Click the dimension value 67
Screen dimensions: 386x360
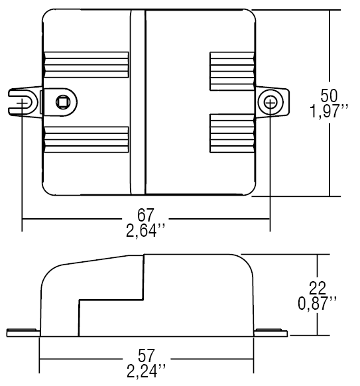pos(146,216)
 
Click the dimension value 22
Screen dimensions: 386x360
pos(319,287)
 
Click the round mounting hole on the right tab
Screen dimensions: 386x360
pos(270,102)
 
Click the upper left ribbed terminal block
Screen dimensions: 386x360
pos(86,66)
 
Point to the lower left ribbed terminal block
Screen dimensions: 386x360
pos(86,140)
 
